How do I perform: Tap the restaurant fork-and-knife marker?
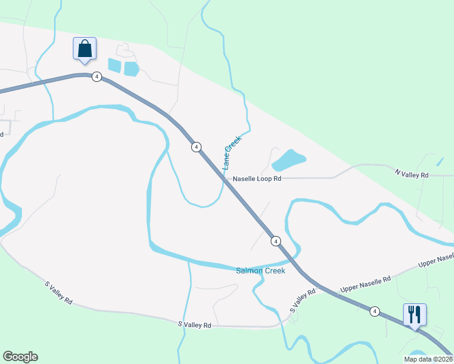(415, 315)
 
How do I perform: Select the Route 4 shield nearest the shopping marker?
(97, 76)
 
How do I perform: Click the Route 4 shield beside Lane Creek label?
(195, 147)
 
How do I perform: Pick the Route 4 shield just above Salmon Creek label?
(276, 241)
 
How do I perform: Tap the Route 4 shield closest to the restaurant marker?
(374, 311)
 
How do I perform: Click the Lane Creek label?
(232, 152)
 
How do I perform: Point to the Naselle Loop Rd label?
(257, 179)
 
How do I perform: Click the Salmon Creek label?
(260, 271)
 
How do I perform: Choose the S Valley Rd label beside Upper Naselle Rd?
(303, 301)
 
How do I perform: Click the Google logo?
(20, 357)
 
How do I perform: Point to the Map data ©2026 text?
(429, 359)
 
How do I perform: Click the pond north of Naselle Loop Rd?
(288, 160)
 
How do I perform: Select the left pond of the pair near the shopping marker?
(114, 65)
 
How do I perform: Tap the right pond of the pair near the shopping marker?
(131, 69)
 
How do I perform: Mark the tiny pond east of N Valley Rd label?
(439, 163)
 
